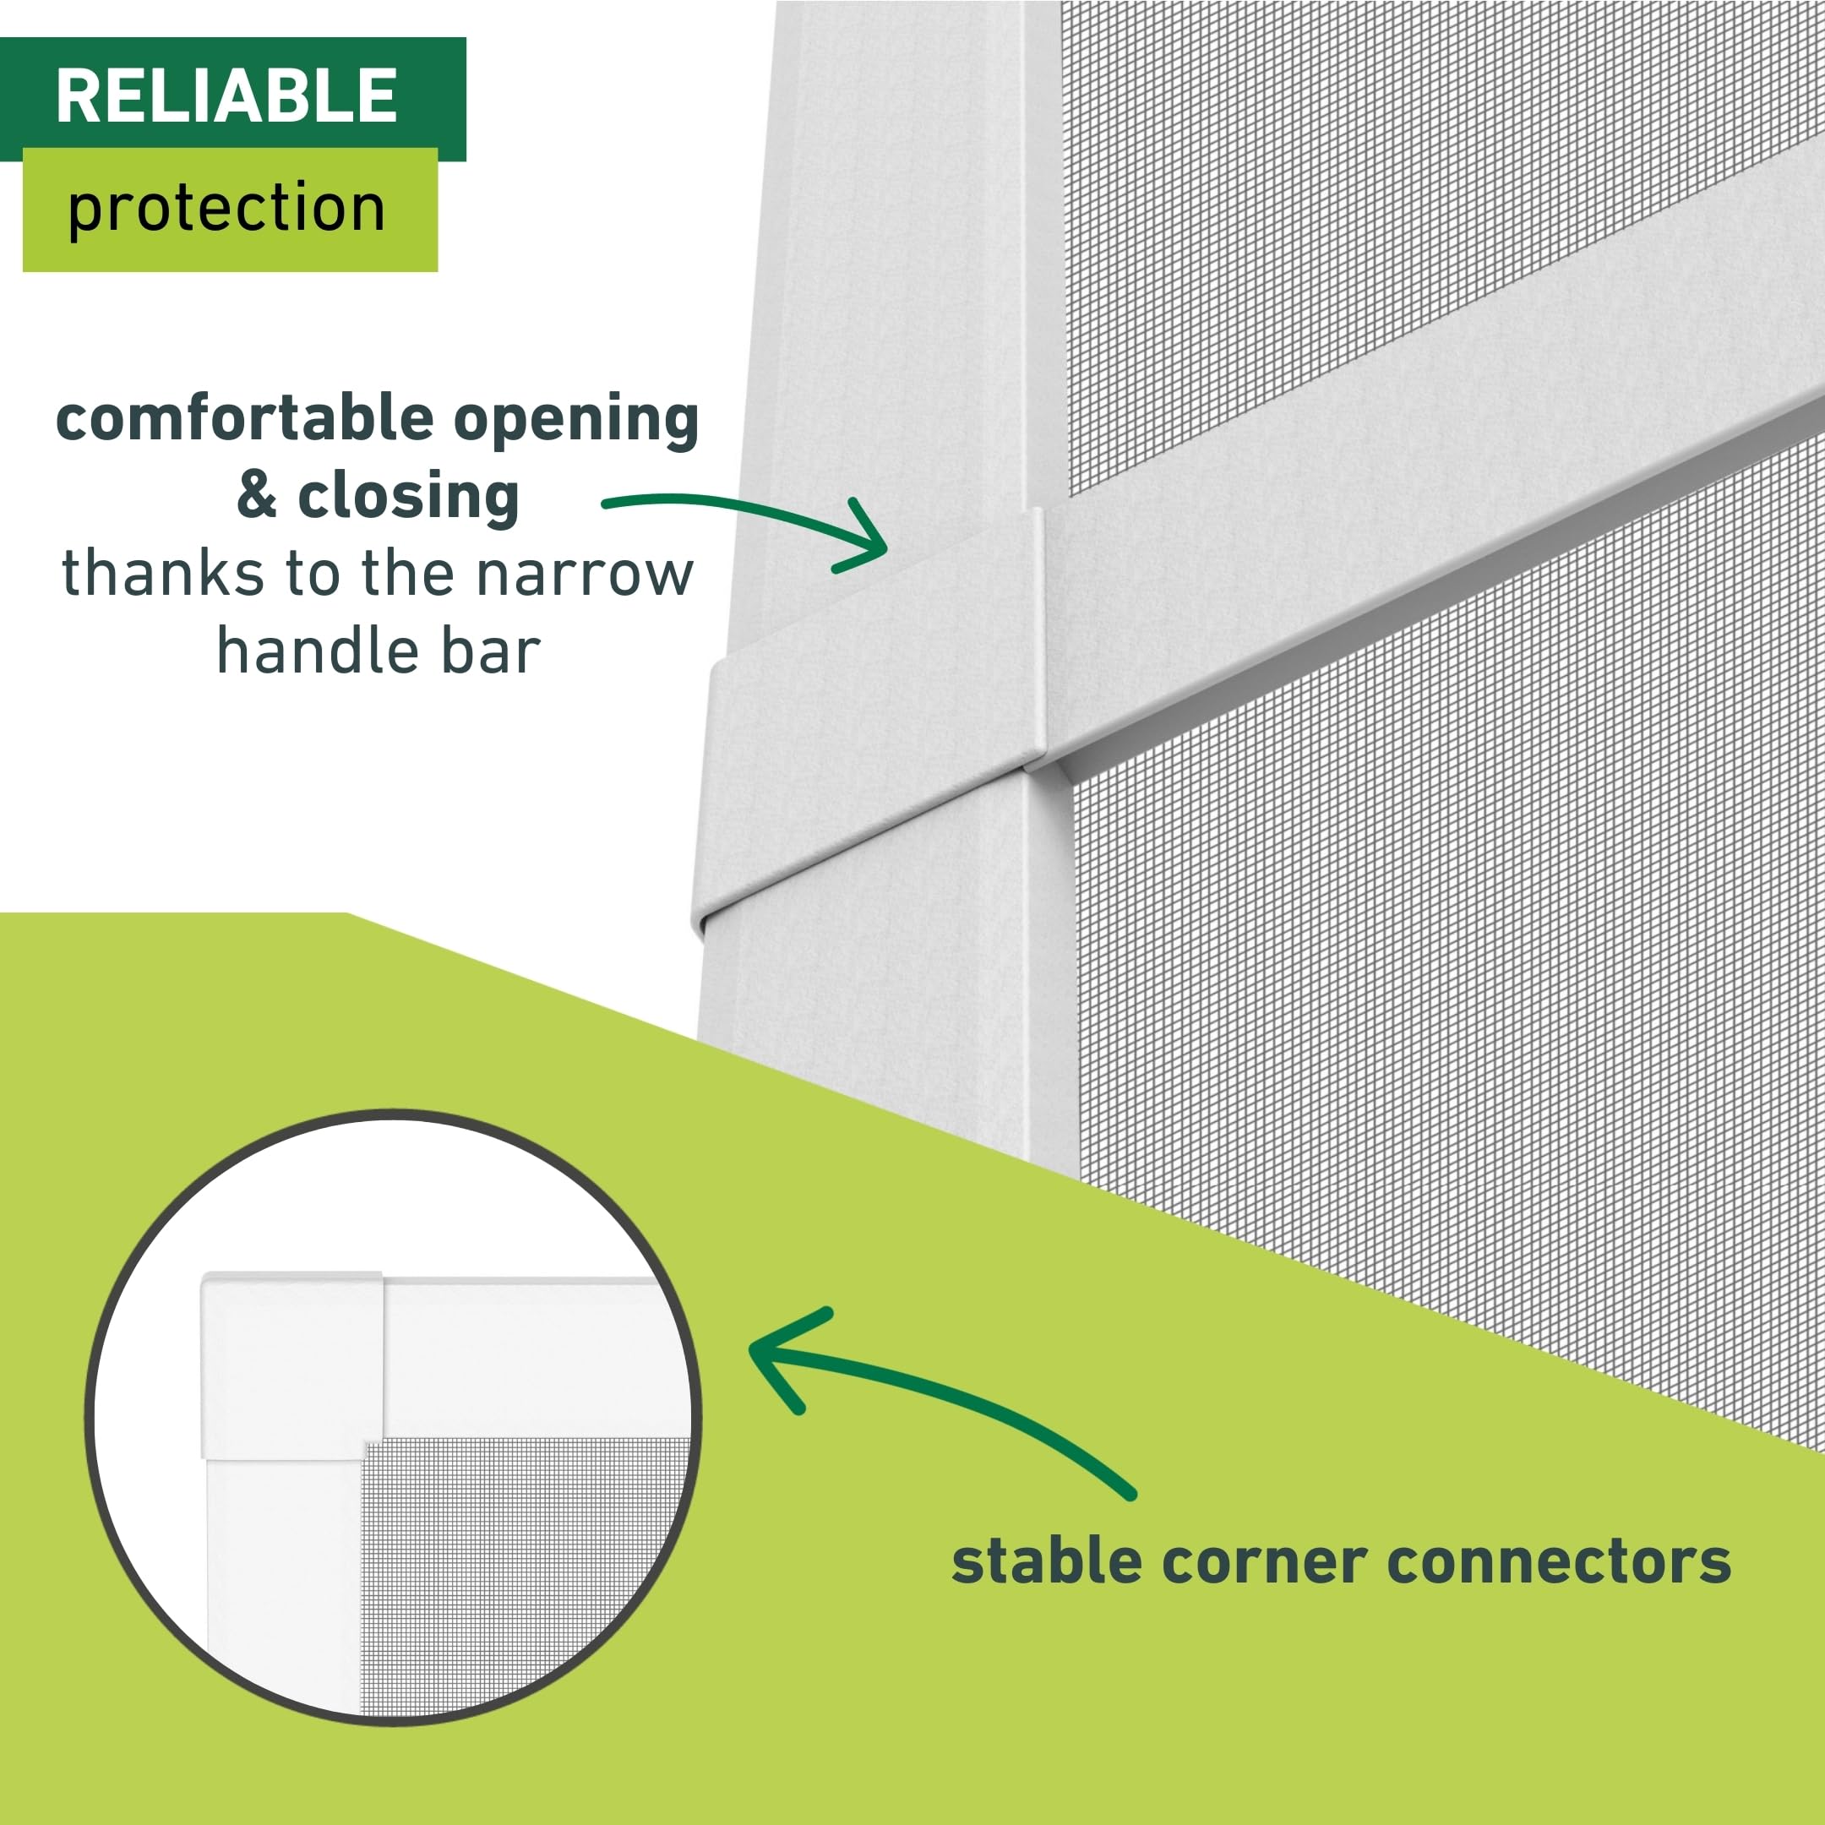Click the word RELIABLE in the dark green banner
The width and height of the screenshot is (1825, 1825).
click(226, 95)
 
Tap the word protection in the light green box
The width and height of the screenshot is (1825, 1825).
click(226, 208)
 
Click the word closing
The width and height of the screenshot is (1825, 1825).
click(408, 497)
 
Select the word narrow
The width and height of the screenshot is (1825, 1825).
click(585, 575)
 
